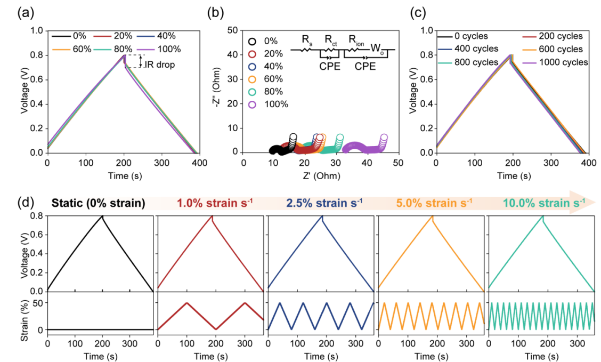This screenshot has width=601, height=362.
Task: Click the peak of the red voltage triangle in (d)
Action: pyautogui.click(x=212, y=215)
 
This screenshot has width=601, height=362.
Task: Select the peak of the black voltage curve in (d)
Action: pyautogui.click(x=102, y=215)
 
